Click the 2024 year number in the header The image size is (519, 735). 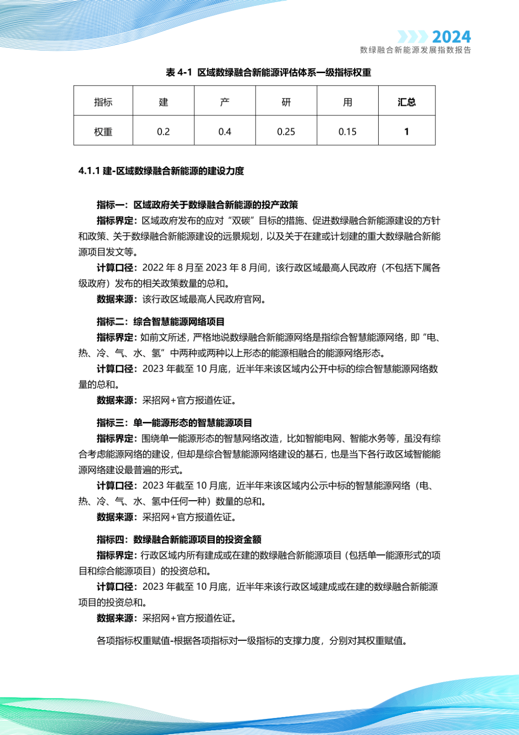[x=451, y=37]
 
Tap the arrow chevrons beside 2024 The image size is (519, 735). [x=412, y=37]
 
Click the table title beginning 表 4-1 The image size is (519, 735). [x=268, y=73]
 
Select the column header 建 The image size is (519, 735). [x=163, y=102]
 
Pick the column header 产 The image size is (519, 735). [x=224, y=102]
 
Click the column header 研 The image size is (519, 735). [x=286, y=102]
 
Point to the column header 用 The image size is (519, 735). [x=347, y=102]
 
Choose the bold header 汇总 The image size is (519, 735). [x=407, y=102]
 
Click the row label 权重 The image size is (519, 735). [x=103, y=132]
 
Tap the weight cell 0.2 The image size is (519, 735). [x=163, y=132]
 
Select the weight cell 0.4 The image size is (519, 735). [x=224, y=132]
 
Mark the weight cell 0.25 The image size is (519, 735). [x=286, y=132]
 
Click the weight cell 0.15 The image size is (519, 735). [x=347, y=132]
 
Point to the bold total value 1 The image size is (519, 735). [x=407, y=132]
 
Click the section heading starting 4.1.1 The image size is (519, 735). [x=161, y=171]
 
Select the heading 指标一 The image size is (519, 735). [x=197, y=205]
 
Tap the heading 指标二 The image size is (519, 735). [x=161, y=322]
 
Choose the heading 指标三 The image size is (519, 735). [x=174, y=423]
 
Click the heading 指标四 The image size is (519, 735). [x=179, y=540]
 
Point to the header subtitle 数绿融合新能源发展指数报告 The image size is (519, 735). [x=415, y=50]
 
